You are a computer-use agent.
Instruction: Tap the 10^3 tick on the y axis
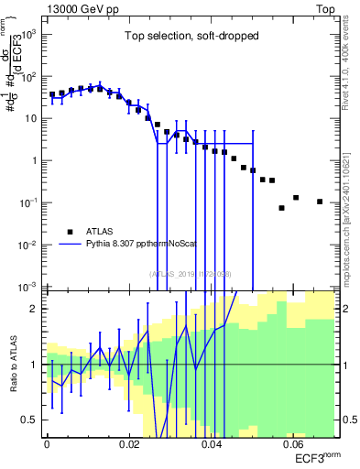(30, 34)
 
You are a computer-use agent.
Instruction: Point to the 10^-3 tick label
(30, 287)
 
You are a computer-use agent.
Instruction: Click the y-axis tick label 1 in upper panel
(35, 160)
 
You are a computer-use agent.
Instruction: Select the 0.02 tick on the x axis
(129, 443)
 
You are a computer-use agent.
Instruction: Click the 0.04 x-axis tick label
(212, 443)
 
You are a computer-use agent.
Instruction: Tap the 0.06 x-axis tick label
(294, 443)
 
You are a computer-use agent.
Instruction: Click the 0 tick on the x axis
(47, 443)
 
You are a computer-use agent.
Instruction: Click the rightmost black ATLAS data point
(320, 202)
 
